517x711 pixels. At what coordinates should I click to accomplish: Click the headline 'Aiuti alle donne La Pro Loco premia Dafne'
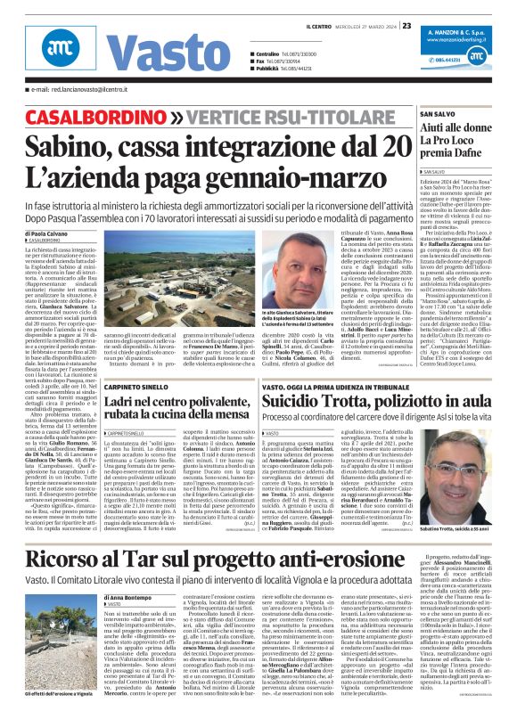tap(455, 143)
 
